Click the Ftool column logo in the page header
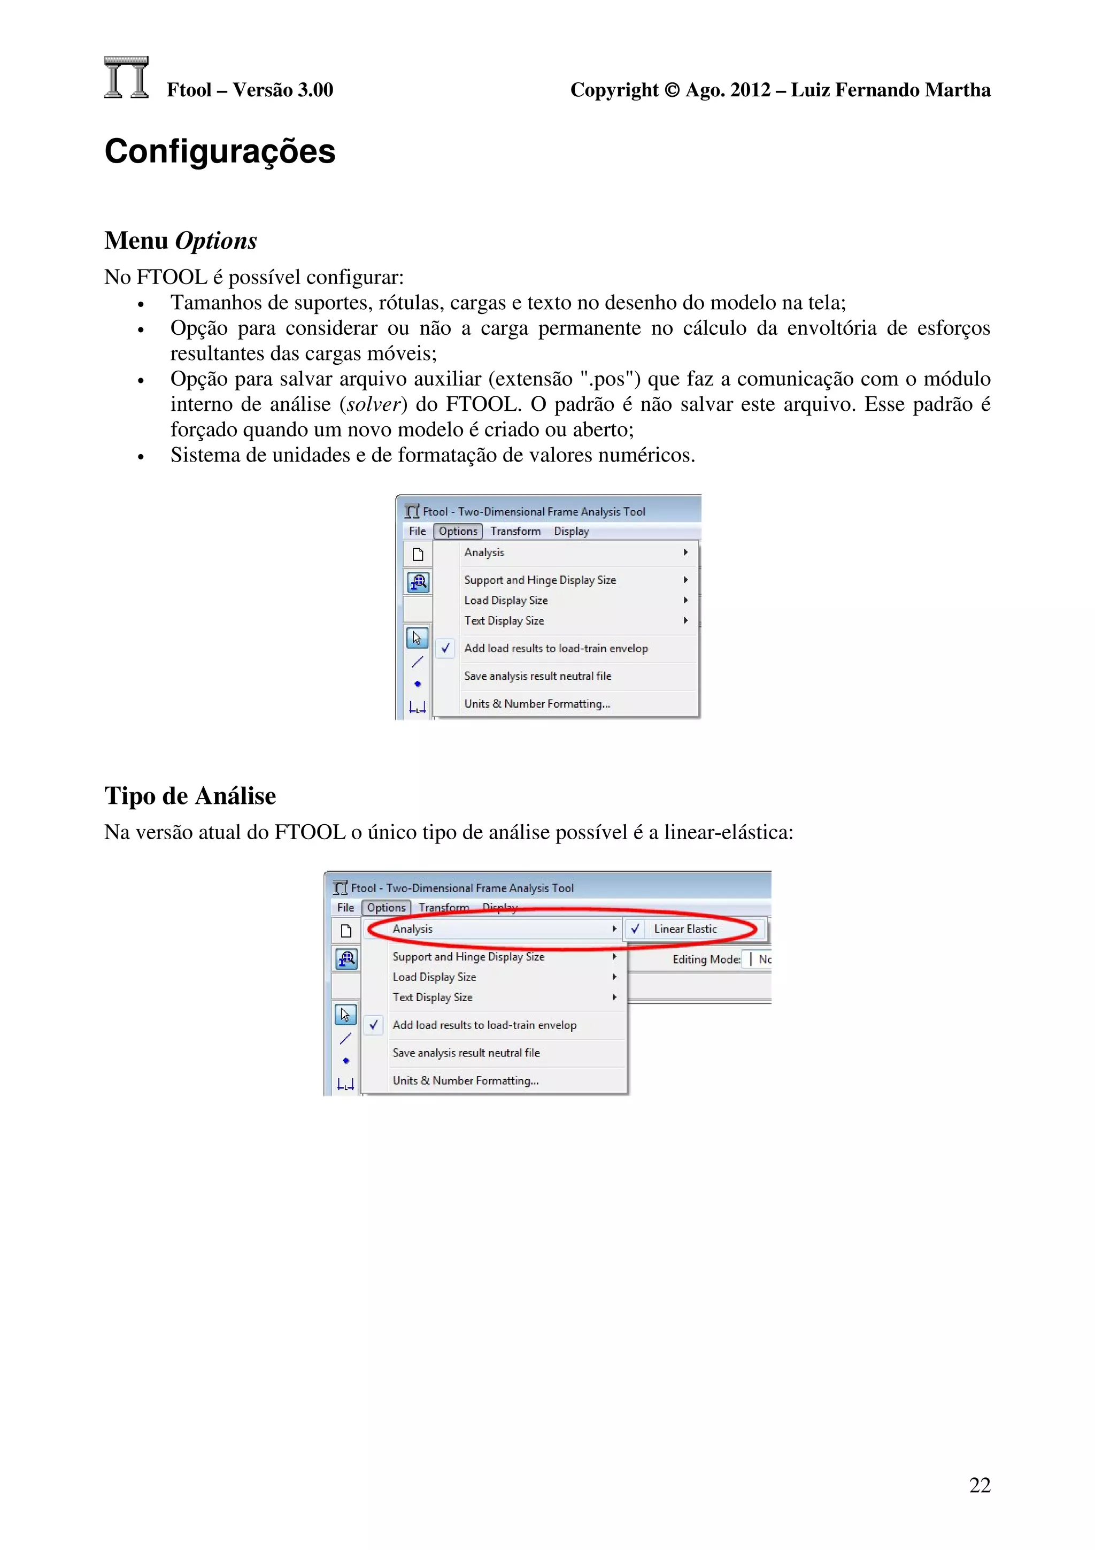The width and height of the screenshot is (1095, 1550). coord(126,78)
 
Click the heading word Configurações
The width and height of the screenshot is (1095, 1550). coord(219,151)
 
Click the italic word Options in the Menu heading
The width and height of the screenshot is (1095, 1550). coord(216,241)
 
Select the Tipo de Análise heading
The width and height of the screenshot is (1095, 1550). coord(190,795)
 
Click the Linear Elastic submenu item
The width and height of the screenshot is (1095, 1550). coord(685,929)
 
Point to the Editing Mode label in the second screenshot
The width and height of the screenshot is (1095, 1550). coord(706,960)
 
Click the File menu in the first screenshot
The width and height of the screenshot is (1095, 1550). coord(417,531)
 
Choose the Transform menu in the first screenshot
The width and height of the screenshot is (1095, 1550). coord(515,531)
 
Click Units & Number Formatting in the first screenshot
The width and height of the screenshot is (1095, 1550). coord(537,703)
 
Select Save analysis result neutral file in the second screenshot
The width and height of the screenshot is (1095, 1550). coord(466,1053)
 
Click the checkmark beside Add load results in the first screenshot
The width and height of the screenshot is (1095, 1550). coord(445,648)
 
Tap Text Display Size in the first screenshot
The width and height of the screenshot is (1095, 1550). coord(504,620)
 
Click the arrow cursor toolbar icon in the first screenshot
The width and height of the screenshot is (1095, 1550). coord(417,638)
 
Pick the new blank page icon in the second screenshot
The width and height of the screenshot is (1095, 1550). coord(346,931)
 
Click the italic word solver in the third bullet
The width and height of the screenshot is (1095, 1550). coord(373,404)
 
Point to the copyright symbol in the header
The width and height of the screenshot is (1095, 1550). coord(672,90)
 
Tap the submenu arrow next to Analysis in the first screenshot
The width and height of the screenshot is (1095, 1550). coord(685,552)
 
